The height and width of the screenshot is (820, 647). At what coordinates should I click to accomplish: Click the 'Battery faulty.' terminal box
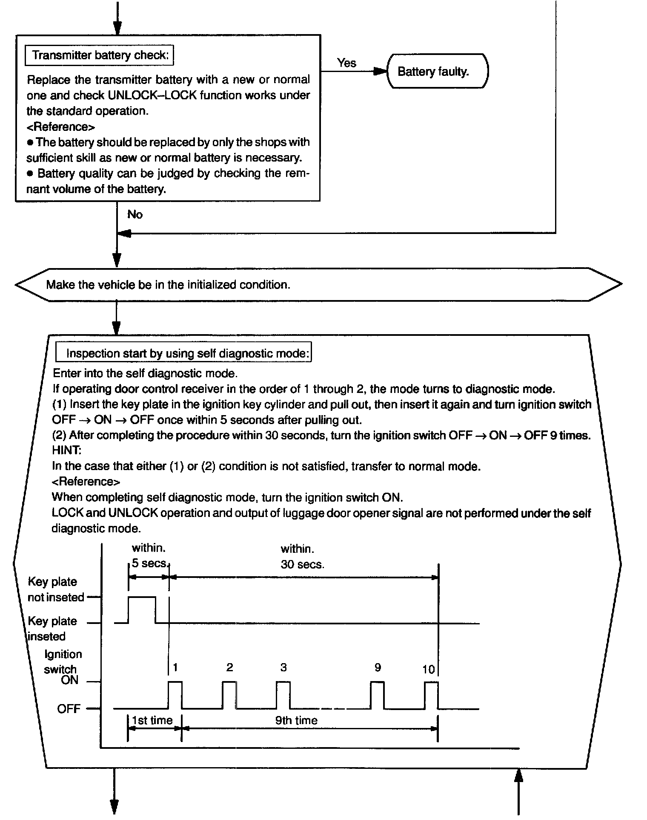(437, 71)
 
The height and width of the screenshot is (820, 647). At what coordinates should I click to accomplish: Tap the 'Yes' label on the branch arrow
(346, 63)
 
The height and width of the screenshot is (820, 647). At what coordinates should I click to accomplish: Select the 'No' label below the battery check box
(135, 214)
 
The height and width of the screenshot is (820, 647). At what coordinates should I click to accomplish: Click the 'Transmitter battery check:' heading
(100, 55)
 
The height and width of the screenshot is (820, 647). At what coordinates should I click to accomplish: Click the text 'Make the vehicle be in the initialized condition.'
(168, 285)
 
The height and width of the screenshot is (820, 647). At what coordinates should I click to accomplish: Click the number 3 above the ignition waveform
(283, 668)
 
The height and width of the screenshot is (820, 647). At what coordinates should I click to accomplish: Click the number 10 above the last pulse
(428, 670)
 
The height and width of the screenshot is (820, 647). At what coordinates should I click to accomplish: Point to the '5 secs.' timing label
(150, 563)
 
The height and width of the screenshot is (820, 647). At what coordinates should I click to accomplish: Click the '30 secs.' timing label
(302, 565)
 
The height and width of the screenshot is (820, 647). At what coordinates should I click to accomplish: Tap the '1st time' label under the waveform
(152, 720)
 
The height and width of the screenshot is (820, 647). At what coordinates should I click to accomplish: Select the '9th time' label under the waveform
(296, 720)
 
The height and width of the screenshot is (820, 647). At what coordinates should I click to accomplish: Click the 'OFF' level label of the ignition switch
(69, 709)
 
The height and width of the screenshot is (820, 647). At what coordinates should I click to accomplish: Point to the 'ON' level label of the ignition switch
(70, 680)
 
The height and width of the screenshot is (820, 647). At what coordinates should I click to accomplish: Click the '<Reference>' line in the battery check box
(61, 127)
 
